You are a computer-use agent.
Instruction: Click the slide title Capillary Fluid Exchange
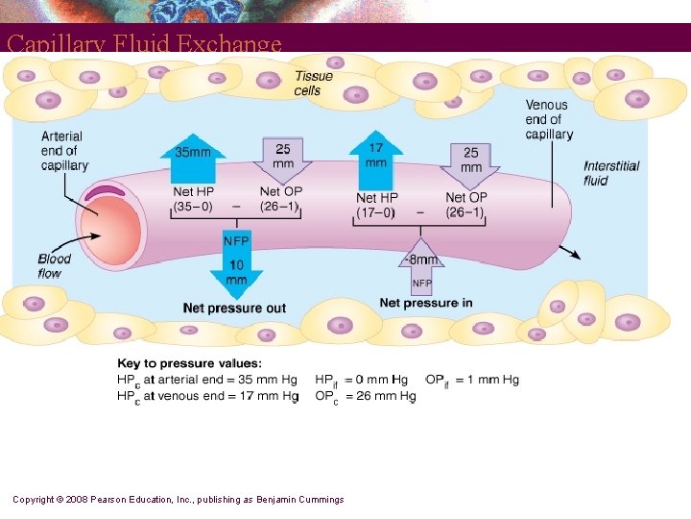pyautogui.click(x=144, y=43)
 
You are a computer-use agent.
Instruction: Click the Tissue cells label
pyautogui.click(x=313, y=84)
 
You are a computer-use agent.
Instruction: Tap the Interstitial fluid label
pyautogui.click(x=611, y=173)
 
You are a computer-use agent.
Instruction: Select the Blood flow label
pyautogui.click(x=55, y=266)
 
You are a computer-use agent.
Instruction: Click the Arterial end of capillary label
pyautogui.click(x=64, y=151)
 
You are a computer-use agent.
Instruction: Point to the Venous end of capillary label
pyautogui.click(x=548, y=119)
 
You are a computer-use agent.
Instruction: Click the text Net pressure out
pyautogui.click(x=234, y=309)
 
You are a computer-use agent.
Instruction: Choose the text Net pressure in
pyautogui.click(x=426, y=304)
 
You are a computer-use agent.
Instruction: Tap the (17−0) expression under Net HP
pyautogui.click(x=375, y=212)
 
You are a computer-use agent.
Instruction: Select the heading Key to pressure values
pyautogui.click(x=189, y=363)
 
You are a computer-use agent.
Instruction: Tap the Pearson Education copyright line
pyautogui.click(x=179, y=500)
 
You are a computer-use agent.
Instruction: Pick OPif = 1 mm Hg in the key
pyautogui.click(x=472, y=380)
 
